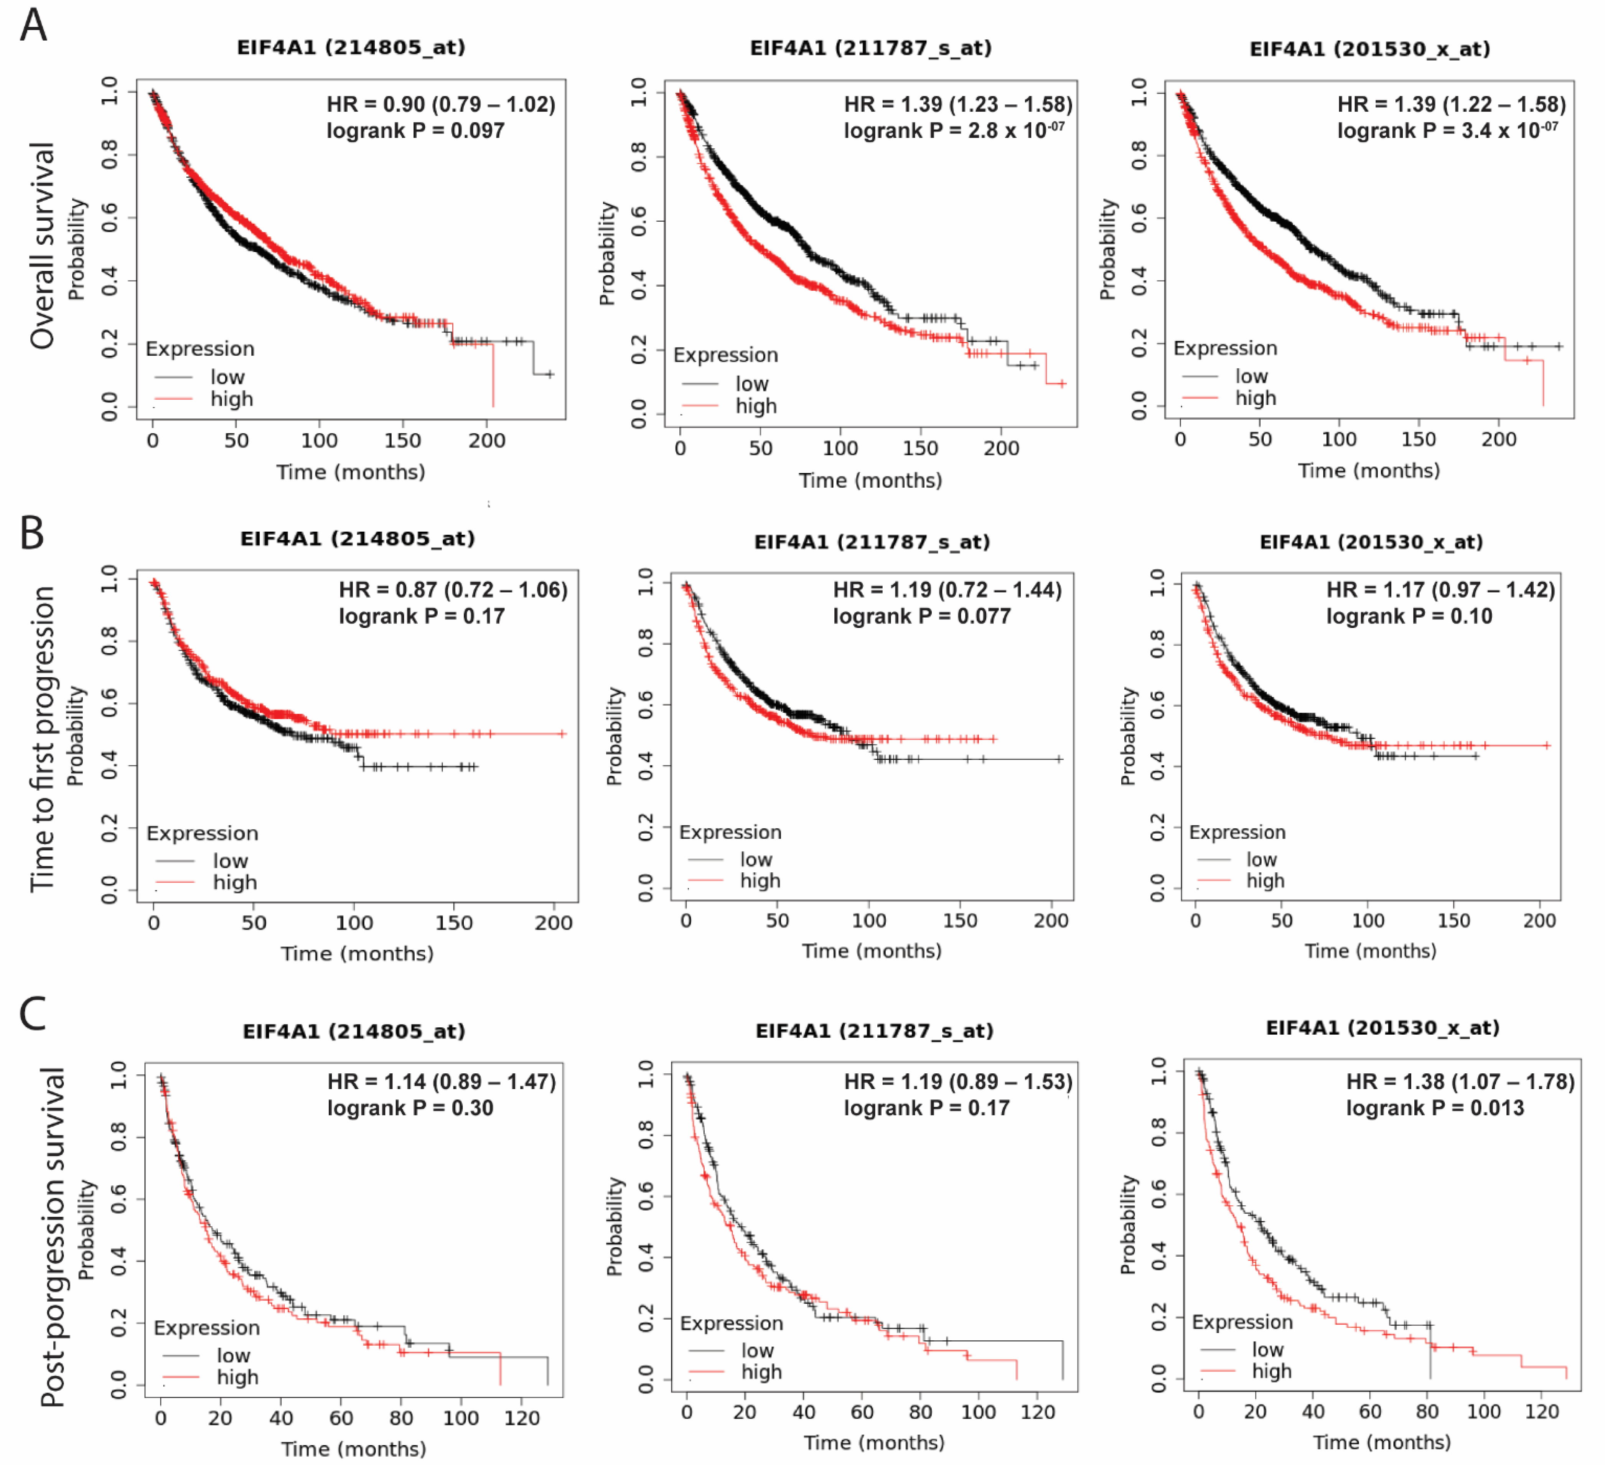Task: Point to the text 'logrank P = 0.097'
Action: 415,130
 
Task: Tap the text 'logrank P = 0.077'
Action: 921,616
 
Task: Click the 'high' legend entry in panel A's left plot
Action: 231,399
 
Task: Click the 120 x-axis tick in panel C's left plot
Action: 521,1418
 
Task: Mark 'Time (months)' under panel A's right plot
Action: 1369,471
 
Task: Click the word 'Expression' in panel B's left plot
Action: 202,833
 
